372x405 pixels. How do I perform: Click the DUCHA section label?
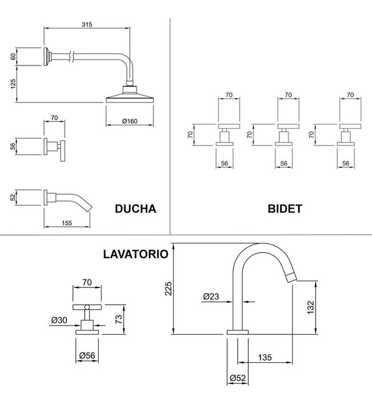coord(135,209)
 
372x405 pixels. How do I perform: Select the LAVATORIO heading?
coord(135,254)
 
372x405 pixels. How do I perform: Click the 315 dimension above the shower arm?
coord(87,24)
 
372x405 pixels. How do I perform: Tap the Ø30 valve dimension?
coord(59,319)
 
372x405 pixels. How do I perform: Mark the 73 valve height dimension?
coord(119,319)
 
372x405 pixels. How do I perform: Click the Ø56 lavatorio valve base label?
coord(87,355)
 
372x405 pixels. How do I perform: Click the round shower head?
coord(130,96)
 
